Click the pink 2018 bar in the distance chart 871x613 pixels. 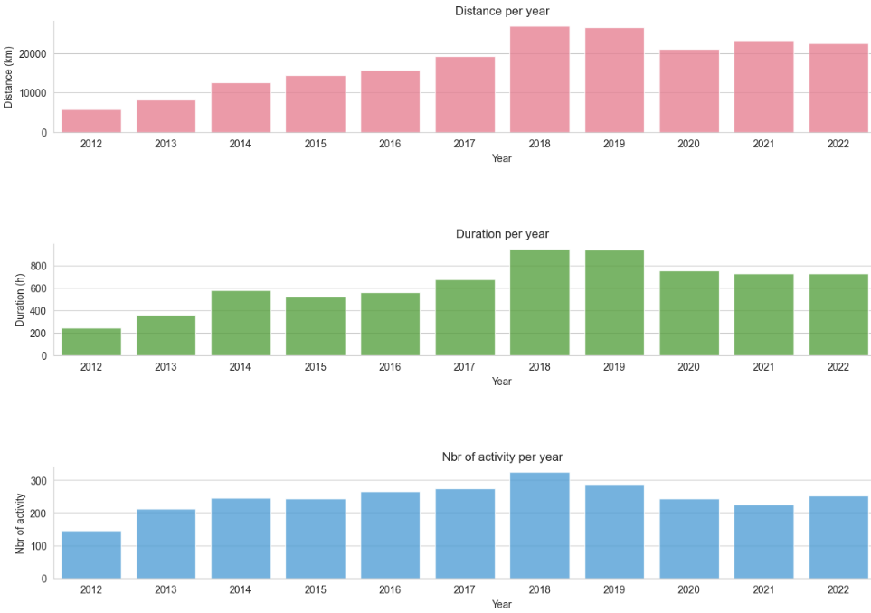539,80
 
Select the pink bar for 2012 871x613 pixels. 91,121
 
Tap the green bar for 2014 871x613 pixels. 241,323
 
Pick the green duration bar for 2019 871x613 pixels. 614,303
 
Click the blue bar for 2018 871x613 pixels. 539,525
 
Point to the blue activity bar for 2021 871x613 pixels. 763,542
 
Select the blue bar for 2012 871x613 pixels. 91,554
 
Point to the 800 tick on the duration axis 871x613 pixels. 37,267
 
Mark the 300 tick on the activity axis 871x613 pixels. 37,480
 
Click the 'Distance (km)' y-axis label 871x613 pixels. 9,78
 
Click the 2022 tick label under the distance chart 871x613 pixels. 838,144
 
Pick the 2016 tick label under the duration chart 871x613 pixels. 390,367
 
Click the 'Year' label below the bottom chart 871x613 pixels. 502,604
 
